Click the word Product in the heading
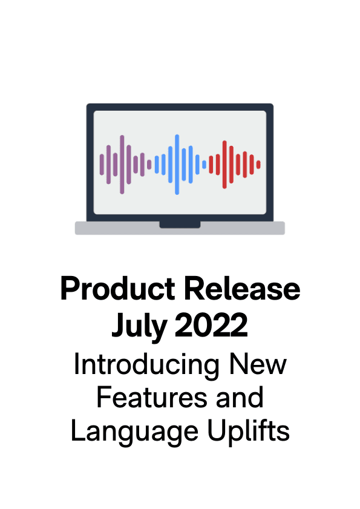(x=118, y=289)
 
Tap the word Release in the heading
(x=242, y=289)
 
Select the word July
(x=139, y=326)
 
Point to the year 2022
(x=211, y=324)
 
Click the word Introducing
(x=147, y=365)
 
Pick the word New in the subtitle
(x=258, y=364)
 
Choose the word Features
(x=152, y=398)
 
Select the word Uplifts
(x=248, y=430)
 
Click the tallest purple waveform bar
(x=122, y=165)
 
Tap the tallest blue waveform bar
(x=177, y=165)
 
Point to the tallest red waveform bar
(x=224, y=165)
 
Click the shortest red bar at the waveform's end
(x=258, y=165)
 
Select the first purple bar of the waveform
(x=102, y=165)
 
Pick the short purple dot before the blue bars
(x=149, y=165)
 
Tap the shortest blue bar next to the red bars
(x=204, y=165)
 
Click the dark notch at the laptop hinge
(x=180, y=225)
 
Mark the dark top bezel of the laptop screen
(x=180, y=107)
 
